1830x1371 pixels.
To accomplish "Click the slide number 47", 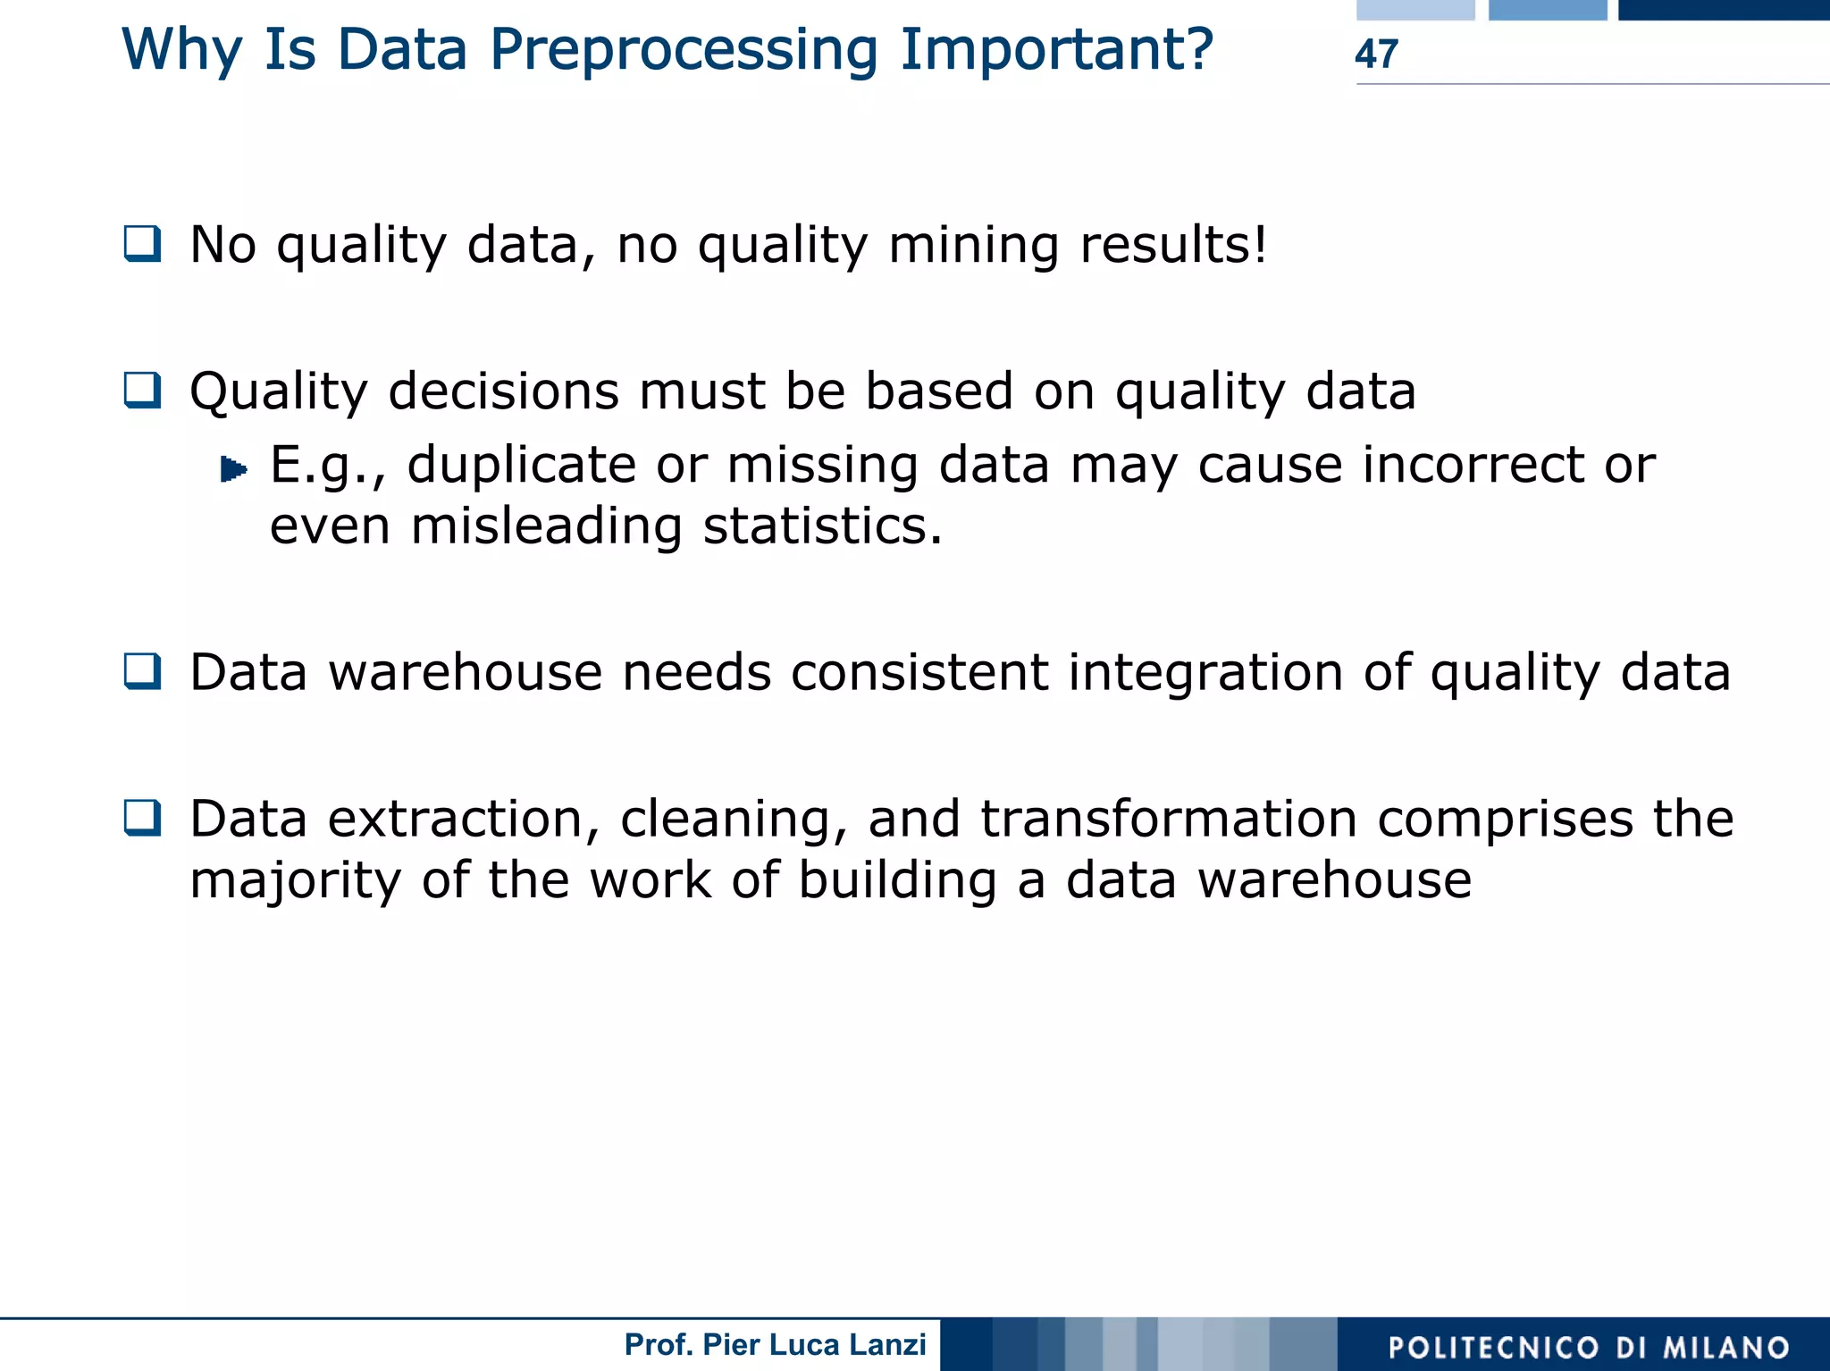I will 1375,54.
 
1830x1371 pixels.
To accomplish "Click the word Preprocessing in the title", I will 684,50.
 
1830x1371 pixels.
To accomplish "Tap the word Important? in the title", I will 1056,50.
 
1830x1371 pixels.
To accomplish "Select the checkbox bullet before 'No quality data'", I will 143,244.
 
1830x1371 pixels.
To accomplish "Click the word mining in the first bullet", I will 973,245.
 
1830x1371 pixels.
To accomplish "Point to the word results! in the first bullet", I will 1173,245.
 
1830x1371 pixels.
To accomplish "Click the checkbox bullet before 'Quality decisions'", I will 143,391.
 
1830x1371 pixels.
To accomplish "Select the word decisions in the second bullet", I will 503,391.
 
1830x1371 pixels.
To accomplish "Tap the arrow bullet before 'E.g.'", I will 233,469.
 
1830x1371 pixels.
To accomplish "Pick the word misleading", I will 546,526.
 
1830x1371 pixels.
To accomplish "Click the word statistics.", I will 822,526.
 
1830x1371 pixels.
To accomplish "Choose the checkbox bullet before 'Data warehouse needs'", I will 143,671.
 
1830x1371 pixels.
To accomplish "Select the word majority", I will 295,881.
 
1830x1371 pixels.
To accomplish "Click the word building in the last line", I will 896,880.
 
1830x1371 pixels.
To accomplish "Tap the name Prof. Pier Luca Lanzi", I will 775,1345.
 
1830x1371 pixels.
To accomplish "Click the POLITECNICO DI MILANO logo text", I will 1589,1347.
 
